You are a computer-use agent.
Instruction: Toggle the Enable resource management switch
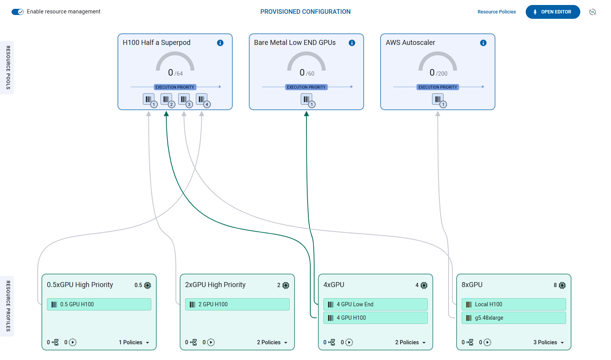click(18, 12)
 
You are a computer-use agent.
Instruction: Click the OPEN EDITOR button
click(552, 12)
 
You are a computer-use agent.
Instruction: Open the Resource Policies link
click(496, 12)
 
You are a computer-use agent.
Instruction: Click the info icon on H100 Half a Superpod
click(220, 43)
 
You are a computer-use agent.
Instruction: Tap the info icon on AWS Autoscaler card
click(483, 43)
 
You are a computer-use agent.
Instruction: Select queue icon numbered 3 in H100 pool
click(184, 99)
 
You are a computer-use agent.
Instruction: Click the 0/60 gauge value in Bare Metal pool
click(306, 73)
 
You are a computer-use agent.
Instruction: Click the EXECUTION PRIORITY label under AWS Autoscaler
click(437, 87)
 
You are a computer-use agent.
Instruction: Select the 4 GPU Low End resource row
click(375, 304)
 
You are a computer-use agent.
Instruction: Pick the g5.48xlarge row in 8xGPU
click(513, 318)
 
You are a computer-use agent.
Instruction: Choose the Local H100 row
click(513, 304)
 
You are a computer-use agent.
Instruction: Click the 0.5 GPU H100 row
click(99, 304)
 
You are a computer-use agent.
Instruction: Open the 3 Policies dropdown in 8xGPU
click(548, 342)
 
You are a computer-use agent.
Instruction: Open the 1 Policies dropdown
click(134, 342)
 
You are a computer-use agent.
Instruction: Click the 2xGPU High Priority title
click(215, 285)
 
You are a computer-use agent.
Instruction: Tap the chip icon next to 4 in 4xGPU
click(424, 285)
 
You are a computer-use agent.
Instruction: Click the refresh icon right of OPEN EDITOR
click(593, 12)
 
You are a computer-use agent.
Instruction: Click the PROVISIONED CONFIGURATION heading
click(305, 12)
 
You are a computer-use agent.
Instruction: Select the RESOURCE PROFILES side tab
click(8, 306)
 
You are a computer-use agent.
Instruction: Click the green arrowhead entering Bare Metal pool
click(306, 114)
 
